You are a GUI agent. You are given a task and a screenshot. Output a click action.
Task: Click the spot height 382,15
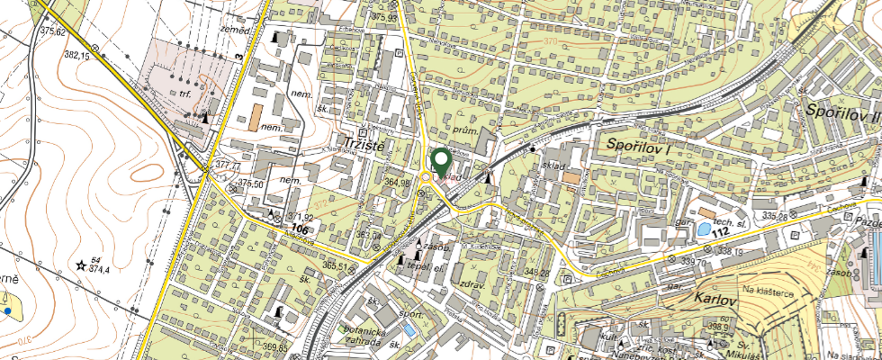click(76, 55)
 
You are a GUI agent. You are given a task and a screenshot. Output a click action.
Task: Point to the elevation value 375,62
click(53, 32)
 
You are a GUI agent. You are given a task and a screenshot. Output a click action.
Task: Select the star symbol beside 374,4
click(81, 265)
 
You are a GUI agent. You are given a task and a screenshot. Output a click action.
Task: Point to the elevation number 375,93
click(383, 17)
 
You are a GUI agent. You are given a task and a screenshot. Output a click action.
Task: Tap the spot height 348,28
click(536, 272)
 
